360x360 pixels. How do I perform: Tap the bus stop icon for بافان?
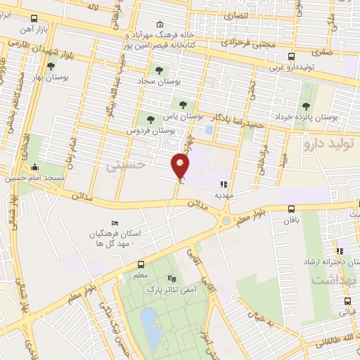pos(291,208)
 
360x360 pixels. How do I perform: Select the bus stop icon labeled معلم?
pos(141,265)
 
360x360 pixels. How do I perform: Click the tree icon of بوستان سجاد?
pos(159,70)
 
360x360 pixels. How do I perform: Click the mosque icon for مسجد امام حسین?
pos(35,167)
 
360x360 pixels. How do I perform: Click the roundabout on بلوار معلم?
pos(226,221)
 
